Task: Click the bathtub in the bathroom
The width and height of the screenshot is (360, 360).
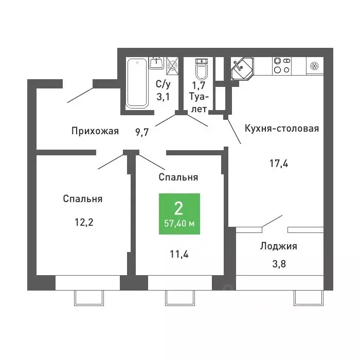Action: point(137,83)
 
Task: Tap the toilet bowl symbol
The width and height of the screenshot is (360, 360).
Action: point(202,68)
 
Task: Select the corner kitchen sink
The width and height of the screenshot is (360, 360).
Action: point(242,68)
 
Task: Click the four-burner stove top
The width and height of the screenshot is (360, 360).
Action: point(282,65)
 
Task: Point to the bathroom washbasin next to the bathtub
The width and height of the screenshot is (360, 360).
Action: point(156,63)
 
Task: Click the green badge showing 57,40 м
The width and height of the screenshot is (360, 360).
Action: point(179,214)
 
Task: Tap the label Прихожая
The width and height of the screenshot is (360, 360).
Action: point(95,131)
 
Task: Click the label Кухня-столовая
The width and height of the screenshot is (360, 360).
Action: point(282,129)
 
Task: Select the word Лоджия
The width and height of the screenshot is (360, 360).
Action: point(279,246)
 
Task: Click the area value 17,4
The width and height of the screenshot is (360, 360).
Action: point(279,164)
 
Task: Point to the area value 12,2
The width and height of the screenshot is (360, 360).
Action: point(84,222)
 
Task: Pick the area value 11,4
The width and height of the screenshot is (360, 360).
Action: point(179,254)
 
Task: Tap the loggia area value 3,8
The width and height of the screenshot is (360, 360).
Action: point(279,264)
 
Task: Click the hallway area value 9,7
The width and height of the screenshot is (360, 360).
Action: point(142,132)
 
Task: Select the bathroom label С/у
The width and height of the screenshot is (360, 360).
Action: point(163,84)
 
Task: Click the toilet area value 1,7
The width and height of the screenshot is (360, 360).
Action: point(199,85)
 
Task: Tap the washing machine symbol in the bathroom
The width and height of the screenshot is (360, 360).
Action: point(172,66)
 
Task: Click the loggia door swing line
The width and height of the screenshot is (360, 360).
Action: point(272,221)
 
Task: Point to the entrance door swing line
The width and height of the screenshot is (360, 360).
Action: point(80,95)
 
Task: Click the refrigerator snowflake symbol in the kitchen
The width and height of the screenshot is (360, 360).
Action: point(314,66)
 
